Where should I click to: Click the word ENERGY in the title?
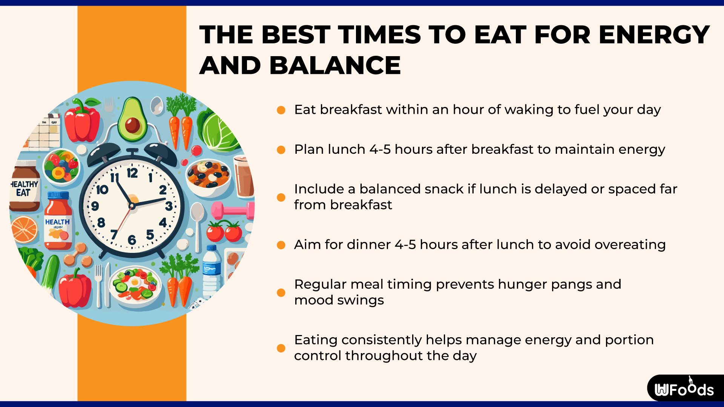(x=654, y=35)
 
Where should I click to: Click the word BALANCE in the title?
(x=335, y=65)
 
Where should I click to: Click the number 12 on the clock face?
(x=132, y=173)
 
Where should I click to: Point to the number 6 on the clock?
(x=132, y=240)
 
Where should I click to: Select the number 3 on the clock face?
(x=169, y=206)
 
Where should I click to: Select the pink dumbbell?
(x=232, y=210)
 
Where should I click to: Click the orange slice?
(x=24, y=229)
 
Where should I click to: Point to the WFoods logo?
(x=684, y=388)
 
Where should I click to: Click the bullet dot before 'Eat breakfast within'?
(x=281, y=110)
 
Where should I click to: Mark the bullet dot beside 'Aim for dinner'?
(x=281, y=245)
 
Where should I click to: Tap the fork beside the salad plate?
(x=98, y=285)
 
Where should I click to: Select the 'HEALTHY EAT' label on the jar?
(x=24, y=188)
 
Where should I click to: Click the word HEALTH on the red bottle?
(x=57, y=222)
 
